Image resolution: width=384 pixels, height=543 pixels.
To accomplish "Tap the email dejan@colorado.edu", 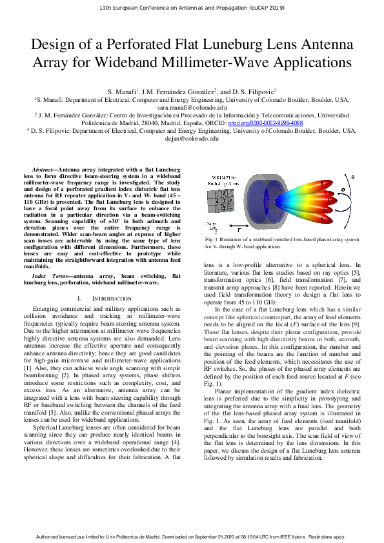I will pyautogui.click(x=191, y=138).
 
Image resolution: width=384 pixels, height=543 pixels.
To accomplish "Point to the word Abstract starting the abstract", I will pyautogui.click(x=52, y=167).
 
